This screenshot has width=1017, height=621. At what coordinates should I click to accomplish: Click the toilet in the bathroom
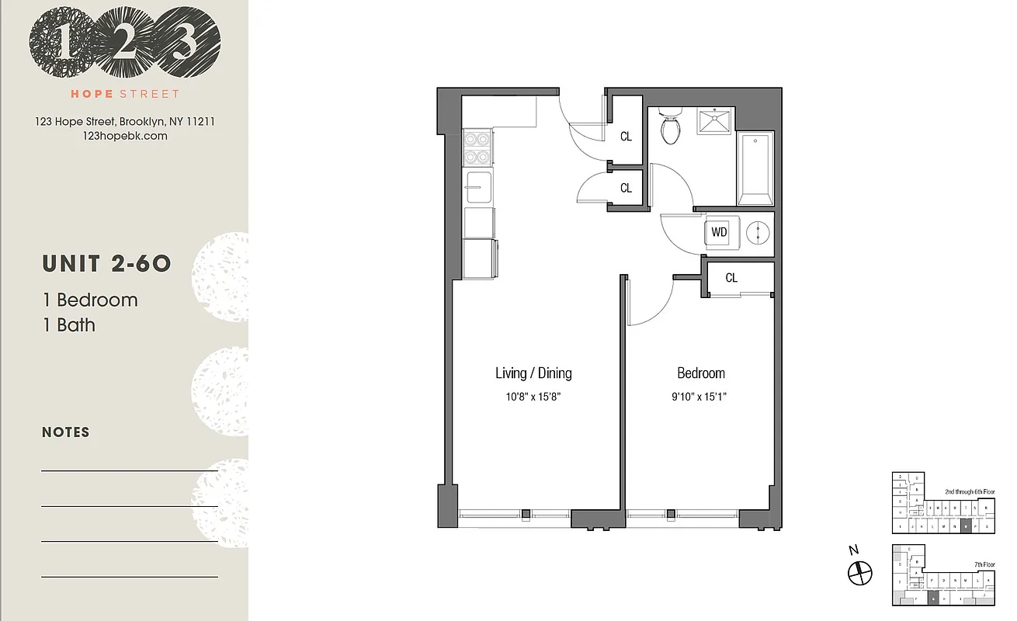pyautogui.click(x=670, y=127)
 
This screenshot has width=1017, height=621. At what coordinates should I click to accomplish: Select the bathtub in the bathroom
pyautogui.click(x=755, y=169)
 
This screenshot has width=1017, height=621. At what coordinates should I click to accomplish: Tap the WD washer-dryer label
pyautogui.click(x=720, y=232)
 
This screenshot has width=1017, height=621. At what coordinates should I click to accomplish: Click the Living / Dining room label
pyautogui.click(x=533, y=373)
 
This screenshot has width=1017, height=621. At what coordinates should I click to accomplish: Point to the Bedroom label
pyautogui.click(x=701, y=373)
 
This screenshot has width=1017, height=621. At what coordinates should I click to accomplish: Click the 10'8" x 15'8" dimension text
pyautogui.click(x=533, y=397)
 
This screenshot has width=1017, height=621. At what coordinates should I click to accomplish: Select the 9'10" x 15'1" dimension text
pyautogui.click(x=701, y=397)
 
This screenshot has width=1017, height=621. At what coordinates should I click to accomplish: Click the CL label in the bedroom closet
pyautogui.click(x=731, y=278)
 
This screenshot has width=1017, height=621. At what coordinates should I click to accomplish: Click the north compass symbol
pyautogui.click(x=859, y=574)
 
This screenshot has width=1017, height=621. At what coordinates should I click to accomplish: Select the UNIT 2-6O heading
pyautogui.click(x=106, y=264)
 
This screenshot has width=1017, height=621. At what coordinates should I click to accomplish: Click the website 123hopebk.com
pyautogui.click(x=124, y=136)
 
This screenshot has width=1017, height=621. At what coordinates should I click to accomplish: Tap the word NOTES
pyautogui.click(x=66, y=432)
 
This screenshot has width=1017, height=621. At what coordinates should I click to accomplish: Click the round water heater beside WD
pyautogui.click(x=757, y=232)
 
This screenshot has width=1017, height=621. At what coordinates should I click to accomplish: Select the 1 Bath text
pyautogui.click(x=69, y=324)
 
